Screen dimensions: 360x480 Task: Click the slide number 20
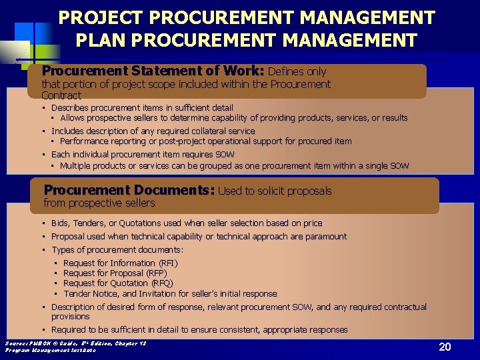pos(445,347)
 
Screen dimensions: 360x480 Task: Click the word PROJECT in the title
pos(96,17)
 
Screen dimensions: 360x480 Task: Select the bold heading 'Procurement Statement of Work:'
pos(153,71)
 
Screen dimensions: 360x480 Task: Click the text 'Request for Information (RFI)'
pos(121,263)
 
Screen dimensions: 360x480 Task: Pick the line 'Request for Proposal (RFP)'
pos(115,273)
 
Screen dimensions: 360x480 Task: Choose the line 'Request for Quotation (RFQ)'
pos(118,283)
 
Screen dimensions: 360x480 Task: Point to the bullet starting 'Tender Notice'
pos(170,294)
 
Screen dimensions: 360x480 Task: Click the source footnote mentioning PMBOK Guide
pos(75,343)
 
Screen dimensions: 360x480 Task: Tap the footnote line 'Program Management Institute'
pos(50,349)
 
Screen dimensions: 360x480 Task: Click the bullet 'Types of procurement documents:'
pos(117,250)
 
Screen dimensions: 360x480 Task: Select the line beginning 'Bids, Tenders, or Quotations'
pos(187,223)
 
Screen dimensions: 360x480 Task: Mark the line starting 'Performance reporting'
pos(205,141)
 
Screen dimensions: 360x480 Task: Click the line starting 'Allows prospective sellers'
pos(233,118)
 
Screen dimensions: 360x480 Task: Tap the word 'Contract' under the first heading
pos(61,95)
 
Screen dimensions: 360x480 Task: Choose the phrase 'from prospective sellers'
pos(99,203)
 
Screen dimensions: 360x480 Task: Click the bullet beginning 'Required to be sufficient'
pos(199,330)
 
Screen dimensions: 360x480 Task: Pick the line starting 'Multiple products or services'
pos(234,165)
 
